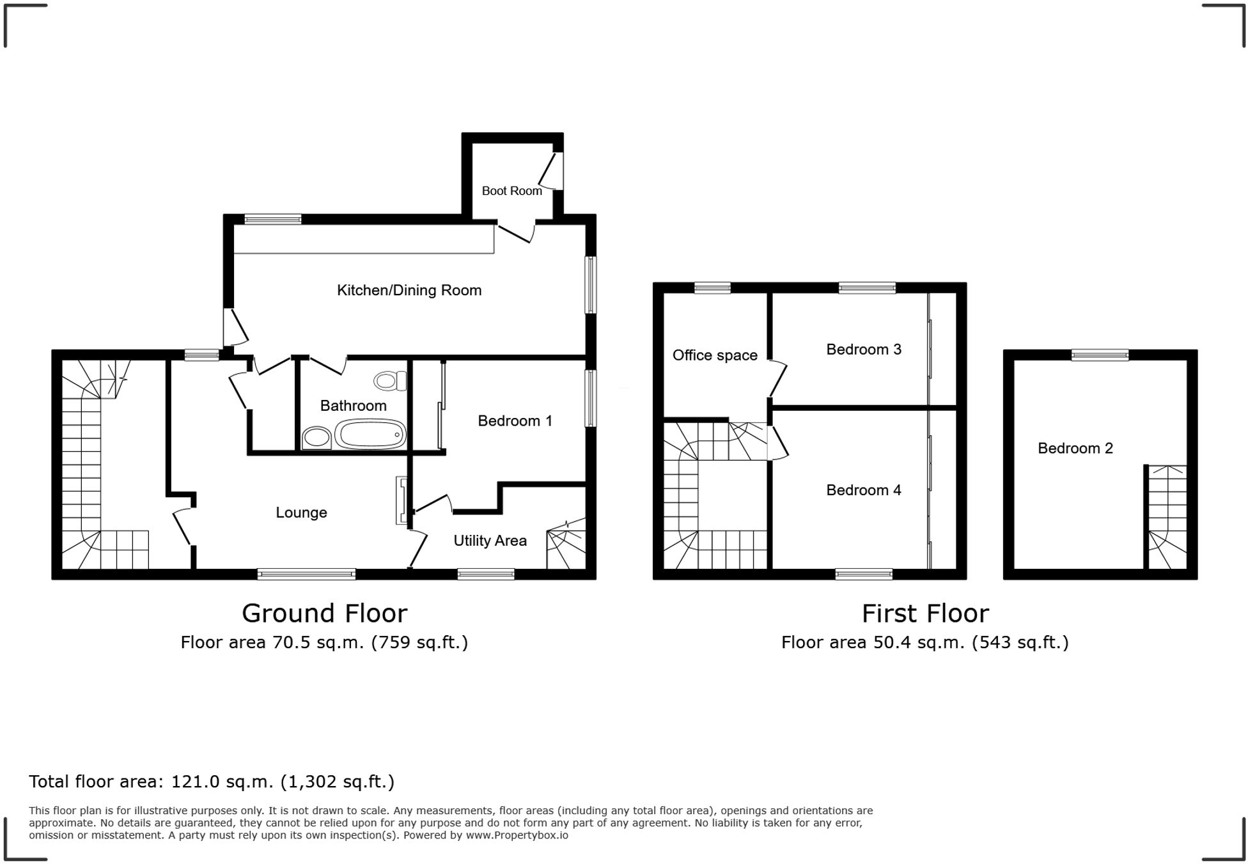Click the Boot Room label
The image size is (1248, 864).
(511, 190)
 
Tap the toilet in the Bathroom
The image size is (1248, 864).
(389, 382)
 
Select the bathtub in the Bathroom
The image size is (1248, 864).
(370, 435)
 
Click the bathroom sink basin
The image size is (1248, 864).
(316, 438)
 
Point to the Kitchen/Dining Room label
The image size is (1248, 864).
(409, 290)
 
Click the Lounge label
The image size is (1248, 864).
(301, 513)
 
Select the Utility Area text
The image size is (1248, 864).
(490, 541)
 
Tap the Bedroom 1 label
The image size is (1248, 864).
(515, 420)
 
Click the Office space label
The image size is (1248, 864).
(714, 355)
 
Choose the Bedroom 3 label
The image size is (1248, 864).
(863, 350)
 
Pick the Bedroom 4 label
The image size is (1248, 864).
(863, 490)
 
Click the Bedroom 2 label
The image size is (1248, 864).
(1075, 449)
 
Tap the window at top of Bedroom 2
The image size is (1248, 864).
(1100, 355)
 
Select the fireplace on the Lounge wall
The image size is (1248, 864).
(402, 500)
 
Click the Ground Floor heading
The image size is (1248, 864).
(324, 613)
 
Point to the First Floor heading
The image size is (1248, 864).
(924, 613)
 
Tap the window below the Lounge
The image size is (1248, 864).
(306, 575)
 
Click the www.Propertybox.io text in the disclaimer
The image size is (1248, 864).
(517, 835)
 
